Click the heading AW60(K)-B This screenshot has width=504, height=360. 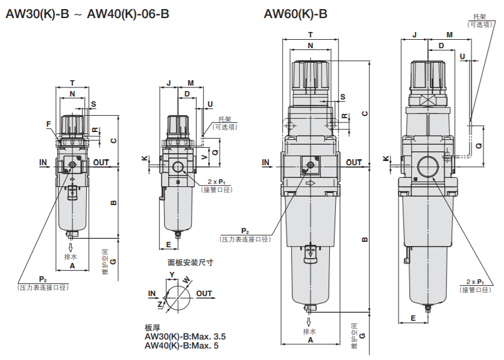tap(295, 14)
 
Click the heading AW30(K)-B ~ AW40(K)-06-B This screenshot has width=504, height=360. tap(87, 14)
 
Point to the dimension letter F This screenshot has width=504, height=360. tap(48, 124)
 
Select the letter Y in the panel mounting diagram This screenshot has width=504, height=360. tap(172, 275)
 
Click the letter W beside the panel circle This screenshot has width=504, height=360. tap(186, 280)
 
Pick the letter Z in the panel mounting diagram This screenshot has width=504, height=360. tap(160, 305)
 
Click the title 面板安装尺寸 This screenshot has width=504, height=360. tap(190, 262)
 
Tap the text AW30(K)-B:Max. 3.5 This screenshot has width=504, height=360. tap(185, 336)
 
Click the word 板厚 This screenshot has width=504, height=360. tap(153, 327)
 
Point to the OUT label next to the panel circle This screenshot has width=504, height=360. tap(204, 294)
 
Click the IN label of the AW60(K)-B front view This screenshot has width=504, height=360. tap(266, 162)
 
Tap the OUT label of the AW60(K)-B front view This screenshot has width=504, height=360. tap(354, 162)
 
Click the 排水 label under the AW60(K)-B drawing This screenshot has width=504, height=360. tap(309, 332)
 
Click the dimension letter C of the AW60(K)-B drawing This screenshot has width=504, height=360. tap(365, 113)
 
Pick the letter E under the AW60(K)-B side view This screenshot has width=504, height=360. tap(414, 318)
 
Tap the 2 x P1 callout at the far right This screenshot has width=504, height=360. tap(476, 282)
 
